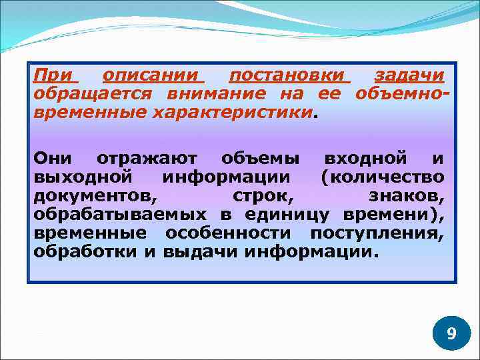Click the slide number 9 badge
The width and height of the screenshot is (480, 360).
click(x=451, y=333)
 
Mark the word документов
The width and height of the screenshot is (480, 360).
click(x=95, y=196)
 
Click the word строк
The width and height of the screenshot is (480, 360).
click(x=263, y=196)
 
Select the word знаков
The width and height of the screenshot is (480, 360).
click(x=406, y=196)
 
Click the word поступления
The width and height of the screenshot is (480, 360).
click(x=377, y=234)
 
